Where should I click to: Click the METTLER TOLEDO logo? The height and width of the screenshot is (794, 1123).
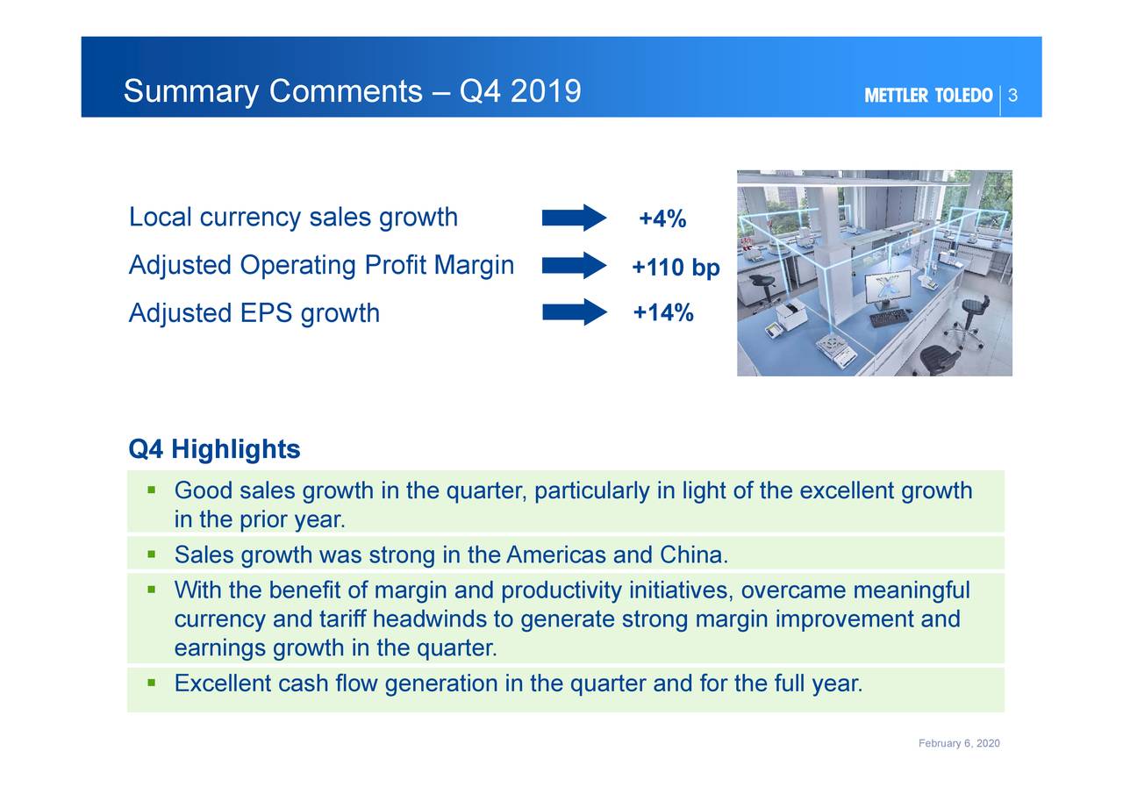(x=928, y=96)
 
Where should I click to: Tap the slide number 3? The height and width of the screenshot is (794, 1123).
(x=1012, y=96)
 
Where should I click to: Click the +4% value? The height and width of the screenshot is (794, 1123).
(x=662, y=218)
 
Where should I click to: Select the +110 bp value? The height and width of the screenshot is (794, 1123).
(x=676, y=268)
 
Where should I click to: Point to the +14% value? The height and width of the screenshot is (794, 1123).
(x=663, y=312)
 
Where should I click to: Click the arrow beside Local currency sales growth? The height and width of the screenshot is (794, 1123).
(x=574, y=218)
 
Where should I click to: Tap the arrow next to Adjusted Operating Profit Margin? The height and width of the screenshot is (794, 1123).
(x=574, y=265)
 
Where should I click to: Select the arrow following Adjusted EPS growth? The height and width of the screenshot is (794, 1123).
(x=574, y=312)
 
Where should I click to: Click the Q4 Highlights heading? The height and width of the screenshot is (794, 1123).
(x=214, y=450)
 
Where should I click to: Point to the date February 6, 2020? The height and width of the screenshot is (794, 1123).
(x=959, y=744)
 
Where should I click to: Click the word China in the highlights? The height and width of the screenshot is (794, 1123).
(x=692, y=555)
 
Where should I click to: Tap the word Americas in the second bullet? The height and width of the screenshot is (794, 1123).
(x=556, y=555)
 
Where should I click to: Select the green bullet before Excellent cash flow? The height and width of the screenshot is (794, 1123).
(x=152, y=682)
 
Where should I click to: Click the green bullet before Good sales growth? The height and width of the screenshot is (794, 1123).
(x=152, y=489)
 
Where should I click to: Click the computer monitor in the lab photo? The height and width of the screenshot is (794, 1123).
(x=887, y=288)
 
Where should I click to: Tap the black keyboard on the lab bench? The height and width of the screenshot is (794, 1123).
(x=889, y=317)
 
